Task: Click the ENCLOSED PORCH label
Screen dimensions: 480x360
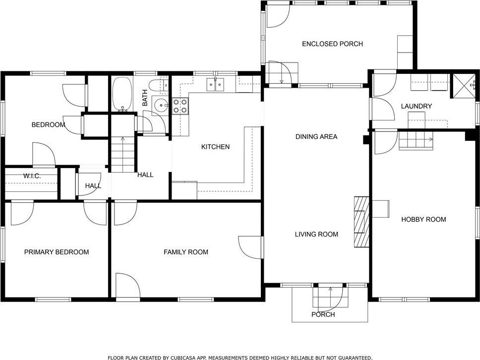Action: coord(332,44)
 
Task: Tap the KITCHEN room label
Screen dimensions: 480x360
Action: coord(215,147)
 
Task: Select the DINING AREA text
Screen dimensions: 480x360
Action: coord(316,136)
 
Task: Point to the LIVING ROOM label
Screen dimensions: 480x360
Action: coord(316,234)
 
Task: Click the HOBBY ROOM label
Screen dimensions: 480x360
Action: coord(423,219)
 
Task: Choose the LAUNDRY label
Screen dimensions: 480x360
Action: coord(417,106)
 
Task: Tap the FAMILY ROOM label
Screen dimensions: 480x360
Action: coord(186,252)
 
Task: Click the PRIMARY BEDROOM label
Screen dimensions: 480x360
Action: coord(57,252)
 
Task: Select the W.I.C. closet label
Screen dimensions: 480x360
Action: coord(32,176)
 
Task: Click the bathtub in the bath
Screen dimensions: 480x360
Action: coord(122,94)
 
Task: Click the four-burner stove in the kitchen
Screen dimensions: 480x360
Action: coord(180,106)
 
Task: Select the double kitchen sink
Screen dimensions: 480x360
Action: coord(215,84)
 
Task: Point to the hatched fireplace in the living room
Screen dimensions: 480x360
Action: coord(361,222)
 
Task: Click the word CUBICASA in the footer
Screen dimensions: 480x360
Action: coord(183,358)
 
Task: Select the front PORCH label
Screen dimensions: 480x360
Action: coord(323,314)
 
